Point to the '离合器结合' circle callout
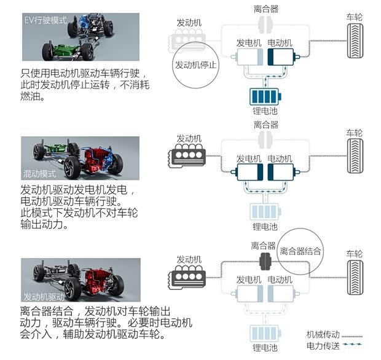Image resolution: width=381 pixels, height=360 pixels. click(300, 251)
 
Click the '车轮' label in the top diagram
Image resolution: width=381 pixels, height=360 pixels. click(355, 17)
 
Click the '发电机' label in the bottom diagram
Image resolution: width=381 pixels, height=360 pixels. click(249, 280)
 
